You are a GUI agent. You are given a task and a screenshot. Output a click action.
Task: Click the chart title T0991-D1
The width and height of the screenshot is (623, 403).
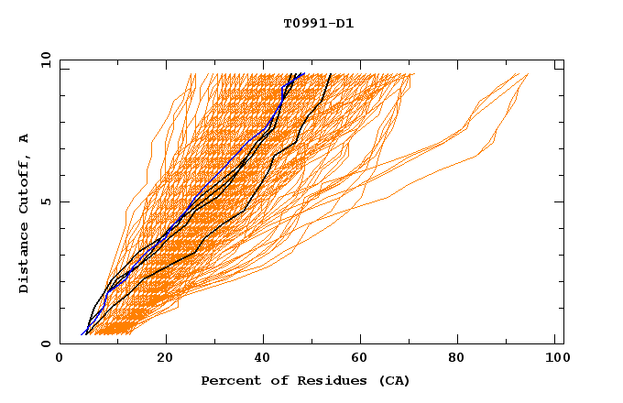318,23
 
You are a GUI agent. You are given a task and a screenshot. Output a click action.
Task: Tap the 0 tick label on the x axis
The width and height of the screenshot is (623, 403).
60,360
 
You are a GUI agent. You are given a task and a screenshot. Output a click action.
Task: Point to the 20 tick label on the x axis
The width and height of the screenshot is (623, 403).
165,360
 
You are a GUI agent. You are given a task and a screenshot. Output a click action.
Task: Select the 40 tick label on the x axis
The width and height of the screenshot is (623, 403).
265,360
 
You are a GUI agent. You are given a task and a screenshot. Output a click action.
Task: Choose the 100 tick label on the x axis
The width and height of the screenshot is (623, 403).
556,360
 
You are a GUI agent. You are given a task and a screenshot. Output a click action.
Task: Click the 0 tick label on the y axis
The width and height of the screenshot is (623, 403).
45,344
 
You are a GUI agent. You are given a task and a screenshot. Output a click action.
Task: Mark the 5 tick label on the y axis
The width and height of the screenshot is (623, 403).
45,201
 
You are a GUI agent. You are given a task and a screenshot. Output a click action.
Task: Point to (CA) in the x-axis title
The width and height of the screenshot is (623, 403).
394,380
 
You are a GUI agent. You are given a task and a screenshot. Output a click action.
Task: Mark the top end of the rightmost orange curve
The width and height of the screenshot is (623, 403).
529,74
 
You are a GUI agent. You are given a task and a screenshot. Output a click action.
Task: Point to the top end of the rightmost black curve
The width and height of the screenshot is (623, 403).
331,74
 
